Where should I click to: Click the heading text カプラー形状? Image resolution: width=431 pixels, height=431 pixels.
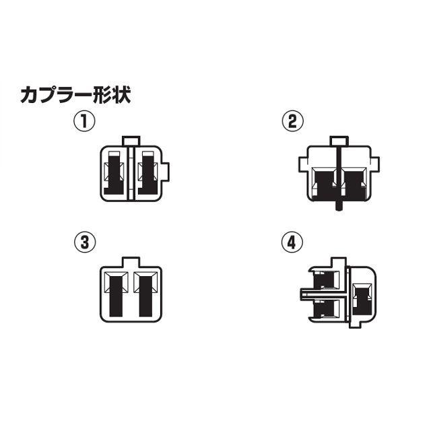tap(75, 95)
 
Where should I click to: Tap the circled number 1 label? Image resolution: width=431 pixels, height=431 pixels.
tap(84, 121)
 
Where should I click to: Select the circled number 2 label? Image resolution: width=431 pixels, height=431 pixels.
tap(292, 121)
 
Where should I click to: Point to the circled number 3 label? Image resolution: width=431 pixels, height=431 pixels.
tap(84, 242)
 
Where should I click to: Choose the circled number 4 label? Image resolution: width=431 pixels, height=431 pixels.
tap(292, 242)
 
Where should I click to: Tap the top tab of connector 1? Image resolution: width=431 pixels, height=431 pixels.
tap(130, 140)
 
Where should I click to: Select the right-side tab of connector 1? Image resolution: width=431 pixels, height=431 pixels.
tap(167, 172)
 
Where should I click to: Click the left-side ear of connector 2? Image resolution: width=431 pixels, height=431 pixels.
tap(303, 163)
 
